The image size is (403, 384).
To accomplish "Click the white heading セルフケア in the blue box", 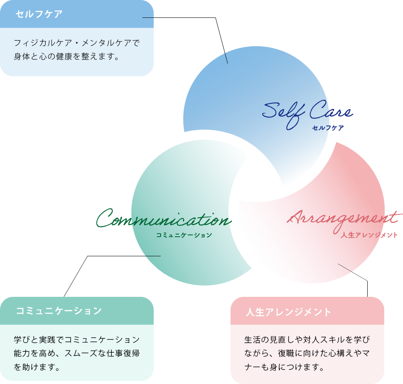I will [39, 14].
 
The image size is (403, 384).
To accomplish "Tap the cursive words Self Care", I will [307, 112].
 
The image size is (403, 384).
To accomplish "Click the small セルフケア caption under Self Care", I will [328, 128].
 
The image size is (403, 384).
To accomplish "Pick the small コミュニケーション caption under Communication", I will [184, 235].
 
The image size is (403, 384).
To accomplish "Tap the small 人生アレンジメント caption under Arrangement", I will [369, 235].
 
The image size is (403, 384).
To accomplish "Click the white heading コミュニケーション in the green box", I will [59, 311].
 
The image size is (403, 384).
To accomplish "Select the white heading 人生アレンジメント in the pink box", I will [289, 312].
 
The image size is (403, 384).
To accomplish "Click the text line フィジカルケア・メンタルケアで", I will [76, 43].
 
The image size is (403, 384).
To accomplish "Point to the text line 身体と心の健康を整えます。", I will [66, 57].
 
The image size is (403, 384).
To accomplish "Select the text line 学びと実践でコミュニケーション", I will [76, 340].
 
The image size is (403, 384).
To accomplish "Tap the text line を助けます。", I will [37, 367].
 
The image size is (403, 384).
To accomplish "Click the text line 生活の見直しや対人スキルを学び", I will [307, 340].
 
